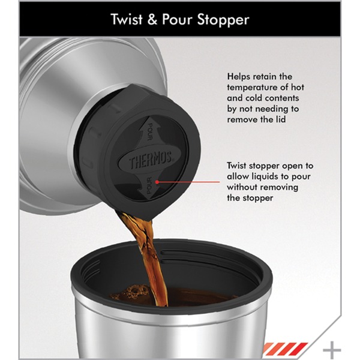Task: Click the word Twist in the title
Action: (x=127, y=19)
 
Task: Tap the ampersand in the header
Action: (x=152, y=19)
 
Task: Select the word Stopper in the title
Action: (x=223, y=20)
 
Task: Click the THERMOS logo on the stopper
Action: (x=150, y=160)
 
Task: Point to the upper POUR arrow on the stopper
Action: (x=148, y=130)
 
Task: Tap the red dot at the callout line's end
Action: (x=157, y=182)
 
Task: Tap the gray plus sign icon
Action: (x=332, y=350)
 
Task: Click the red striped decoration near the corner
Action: (x=285, y=349)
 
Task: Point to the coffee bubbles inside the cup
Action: (x=136, y=292)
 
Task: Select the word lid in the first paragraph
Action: (x=280, y=119)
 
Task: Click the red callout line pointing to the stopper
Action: (x=188, y=182)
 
